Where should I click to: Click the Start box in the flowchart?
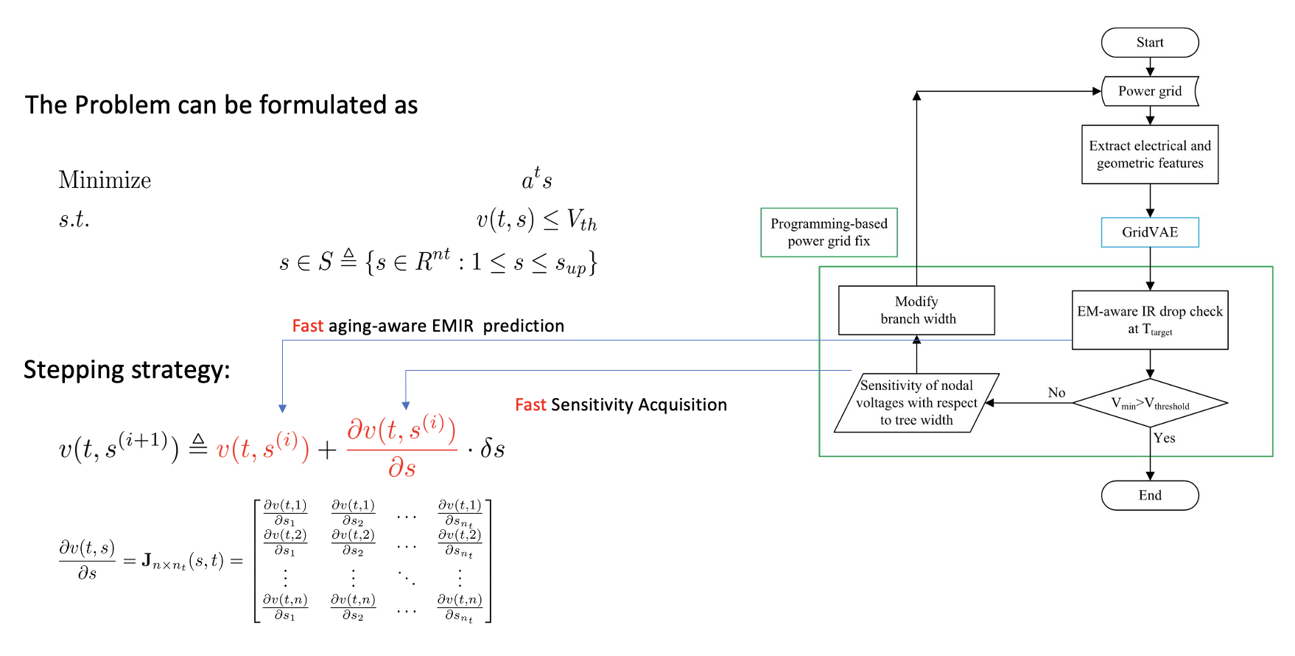[x=1149, y=43]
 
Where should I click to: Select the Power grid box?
[x=1149, y=91]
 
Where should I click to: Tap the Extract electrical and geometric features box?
[x=1149, y=155]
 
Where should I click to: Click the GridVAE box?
[x=1149, y=232]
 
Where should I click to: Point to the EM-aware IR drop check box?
[x=1149, y=320]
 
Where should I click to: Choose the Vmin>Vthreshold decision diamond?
[x=1149, y=403]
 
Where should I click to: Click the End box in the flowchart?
[x=1149, y=495]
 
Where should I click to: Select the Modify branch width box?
[x=916, y=310]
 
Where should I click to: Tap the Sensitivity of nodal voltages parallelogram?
[x=916, y=402]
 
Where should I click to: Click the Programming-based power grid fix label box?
[x=829, y=232]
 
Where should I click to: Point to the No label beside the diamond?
[x=1056, y=393]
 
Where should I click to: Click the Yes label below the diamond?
[x=1164, y=438]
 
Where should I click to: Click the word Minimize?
[x=105, y=181]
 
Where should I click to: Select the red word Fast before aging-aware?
[x=308, y=326]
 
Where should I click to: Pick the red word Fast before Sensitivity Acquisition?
[x=530, y=405]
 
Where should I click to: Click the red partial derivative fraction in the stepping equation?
[x=401, y=447]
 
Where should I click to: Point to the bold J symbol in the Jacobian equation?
[x=147, y=561]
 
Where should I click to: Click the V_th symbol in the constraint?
[x=581, y=220]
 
